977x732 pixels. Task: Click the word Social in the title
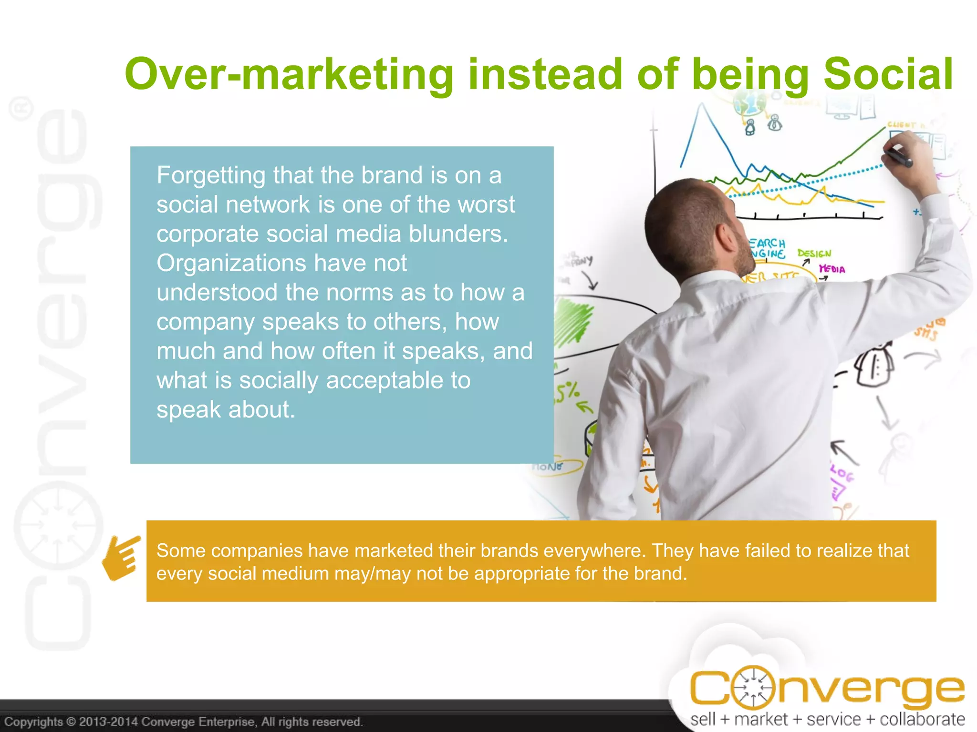[x=888, y=74]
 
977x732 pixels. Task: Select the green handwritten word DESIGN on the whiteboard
[x=814, y=254]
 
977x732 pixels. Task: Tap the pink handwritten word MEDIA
[x=832, y=270]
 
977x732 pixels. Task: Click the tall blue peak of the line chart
[x=700, y=107]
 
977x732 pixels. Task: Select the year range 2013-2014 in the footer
[x=109, y=722]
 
